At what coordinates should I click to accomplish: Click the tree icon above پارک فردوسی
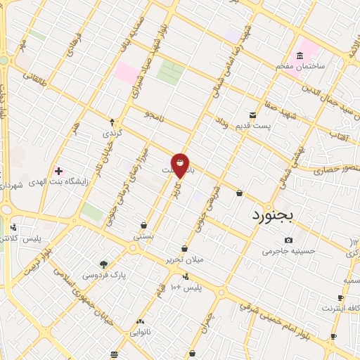pos(104,264)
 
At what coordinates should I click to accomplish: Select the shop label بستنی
pos(143,237)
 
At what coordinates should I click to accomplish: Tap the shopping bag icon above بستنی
pos(143,226)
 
